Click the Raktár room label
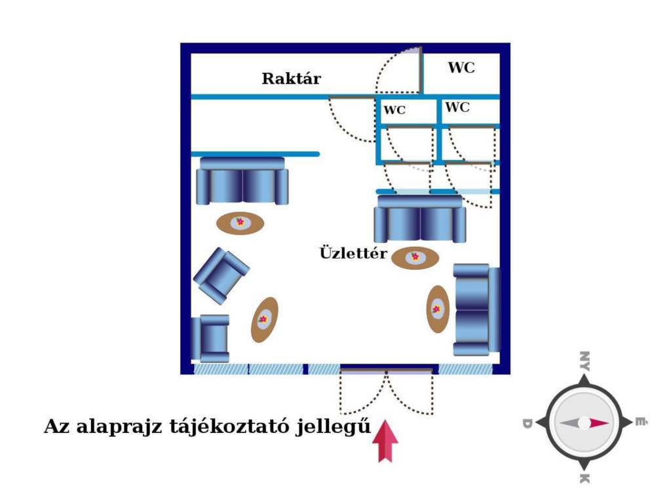(292, 79)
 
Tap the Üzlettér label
(353, 253)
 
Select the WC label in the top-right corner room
(461, 67)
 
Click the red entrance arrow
(385, 441)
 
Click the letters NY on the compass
(584, 361)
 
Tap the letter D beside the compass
(527, 424)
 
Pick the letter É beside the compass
(640, 422)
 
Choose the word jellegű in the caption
(333, 427)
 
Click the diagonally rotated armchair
(221, 276)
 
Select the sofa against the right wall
(476, 310)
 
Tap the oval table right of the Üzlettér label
(415, 258)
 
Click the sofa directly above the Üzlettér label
(420, 219)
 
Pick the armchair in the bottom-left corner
(210, 339)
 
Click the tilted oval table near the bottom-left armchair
(264, 320)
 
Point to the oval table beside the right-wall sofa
(438, 309)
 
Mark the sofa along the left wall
(242, 181)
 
